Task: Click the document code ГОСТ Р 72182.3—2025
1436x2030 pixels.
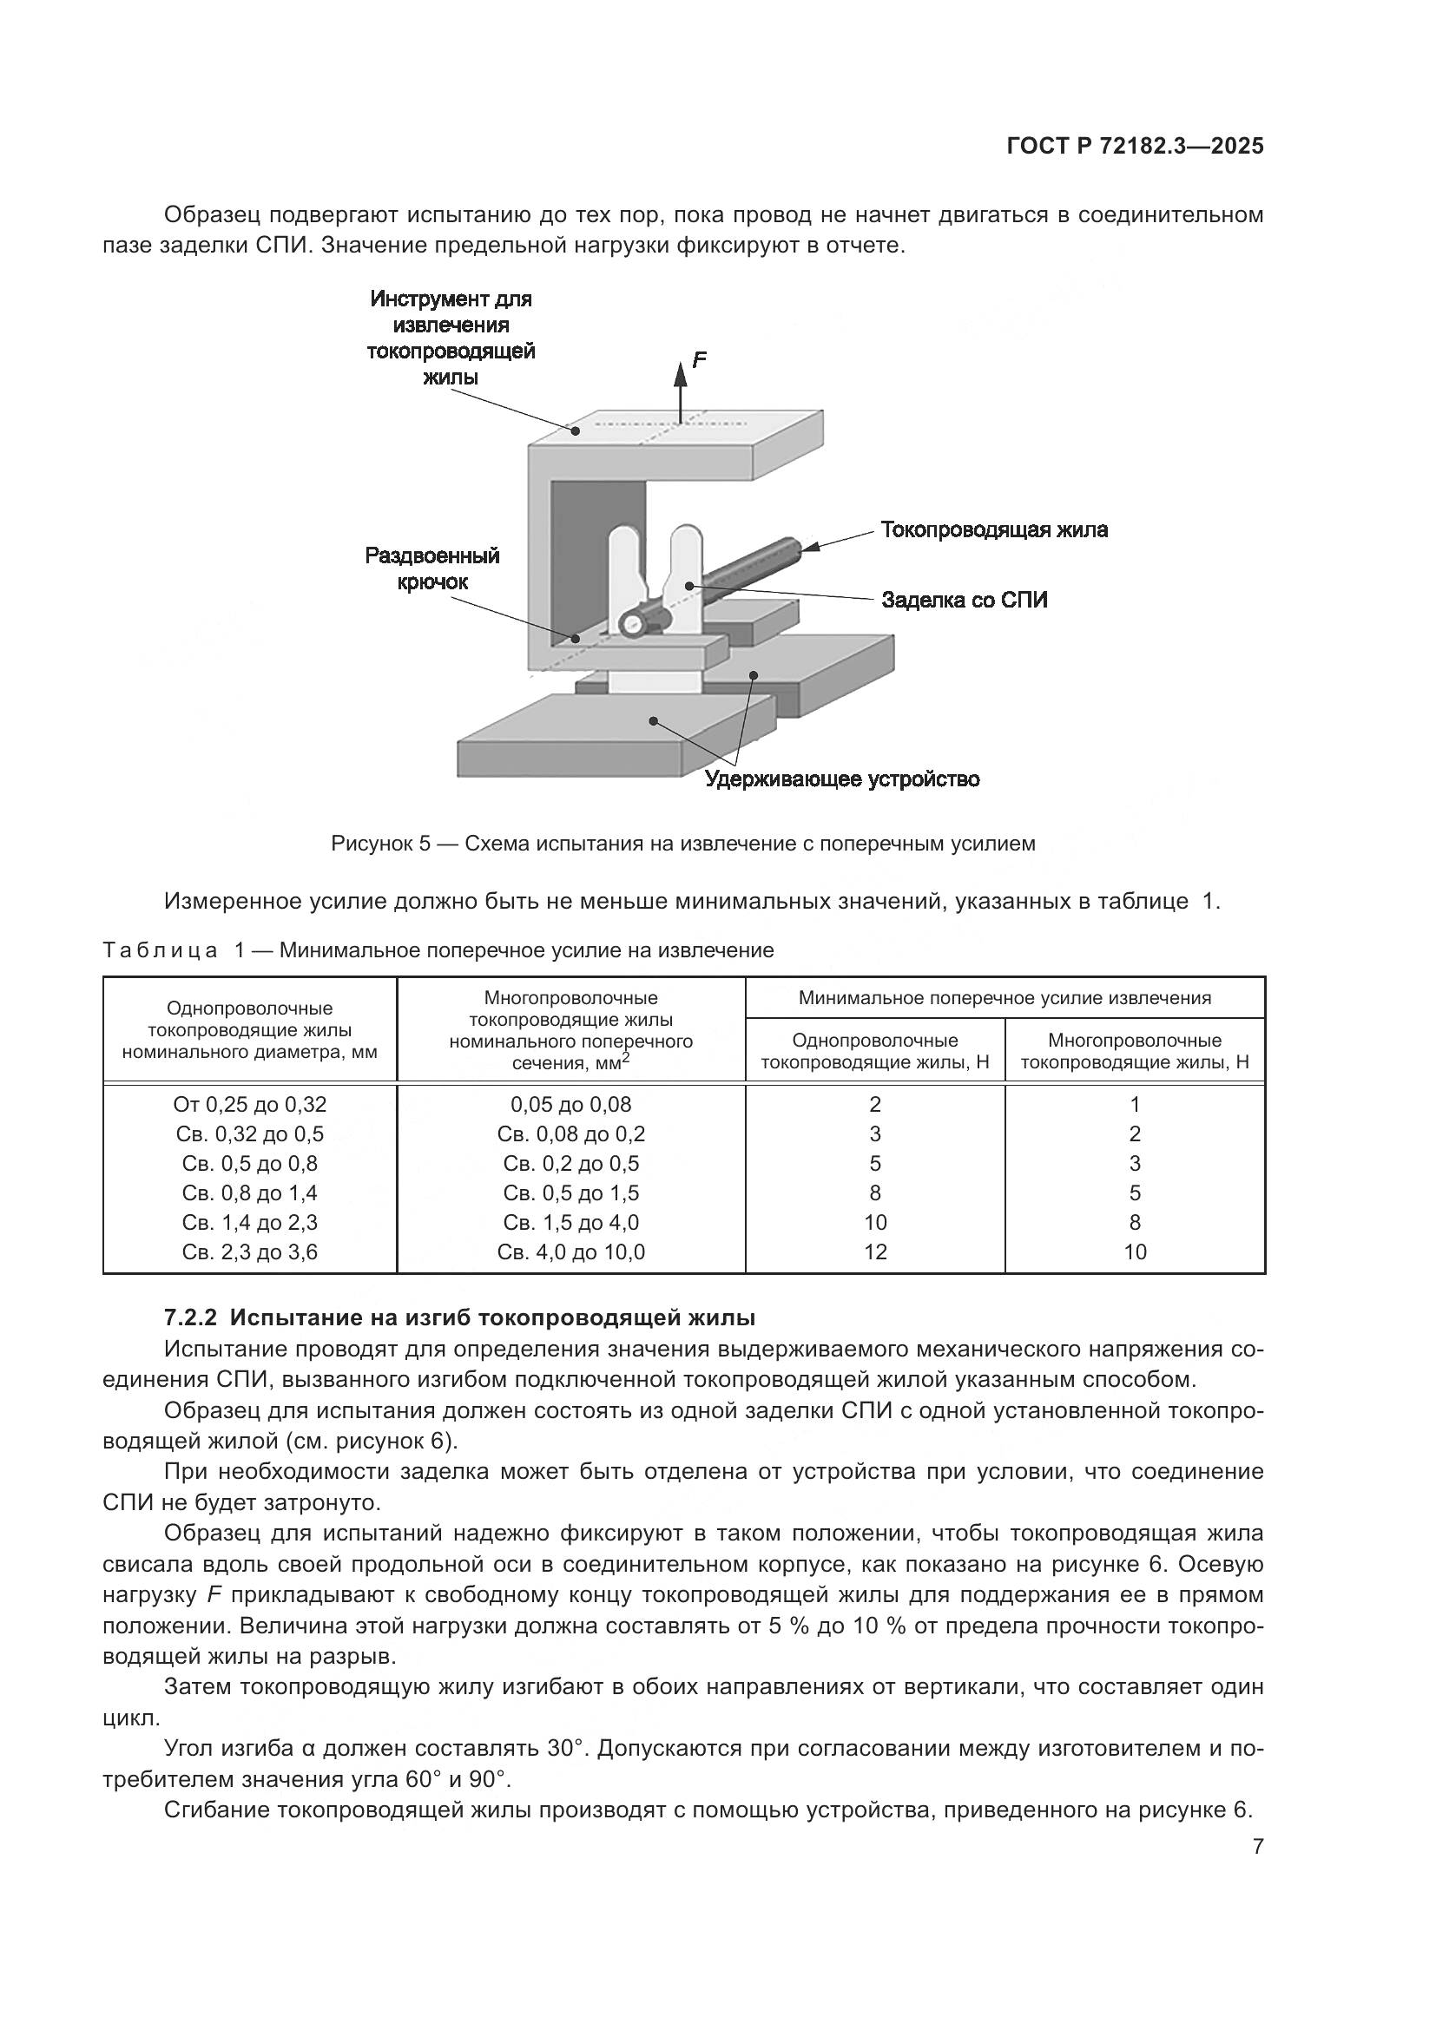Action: coord(1135,146)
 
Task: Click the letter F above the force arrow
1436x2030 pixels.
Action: coord(699,360)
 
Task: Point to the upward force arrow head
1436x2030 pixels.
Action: coord(680,375)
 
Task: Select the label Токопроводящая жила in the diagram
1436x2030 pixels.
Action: coord(994,529)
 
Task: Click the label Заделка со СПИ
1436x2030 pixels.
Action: coord(964,601)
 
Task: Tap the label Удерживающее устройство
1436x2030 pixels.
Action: coord(842,778)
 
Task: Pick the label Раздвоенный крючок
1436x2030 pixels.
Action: coord(432,568)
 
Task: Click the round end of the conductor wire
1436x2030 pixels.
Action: coord(631,623)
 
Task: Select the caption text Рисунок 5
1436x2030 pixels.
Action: coord(380,844)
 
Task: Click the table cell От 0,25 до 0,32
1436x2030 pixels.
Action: coord(249,1104)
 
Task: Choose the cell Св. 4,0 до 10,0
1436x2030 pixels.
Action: coord(570,1252)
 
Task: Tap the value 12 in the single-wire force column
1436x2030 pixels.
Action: coord(874,1252)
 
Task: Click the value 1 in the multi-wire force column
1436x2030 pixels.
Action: coord(1135,1104)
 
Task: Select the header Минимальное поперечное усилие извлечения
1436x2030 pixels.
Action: coord(1005,998)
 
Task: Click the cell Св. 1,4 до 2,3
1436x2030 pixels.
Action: coord(249,1223)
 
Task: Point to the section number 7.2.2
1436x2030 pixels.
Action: coord(190,1318)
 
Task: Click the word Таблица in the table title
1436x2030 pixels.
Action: coord(160,950)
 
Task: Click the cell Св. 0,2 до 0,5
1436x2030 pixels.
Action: coord(570,1164)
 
